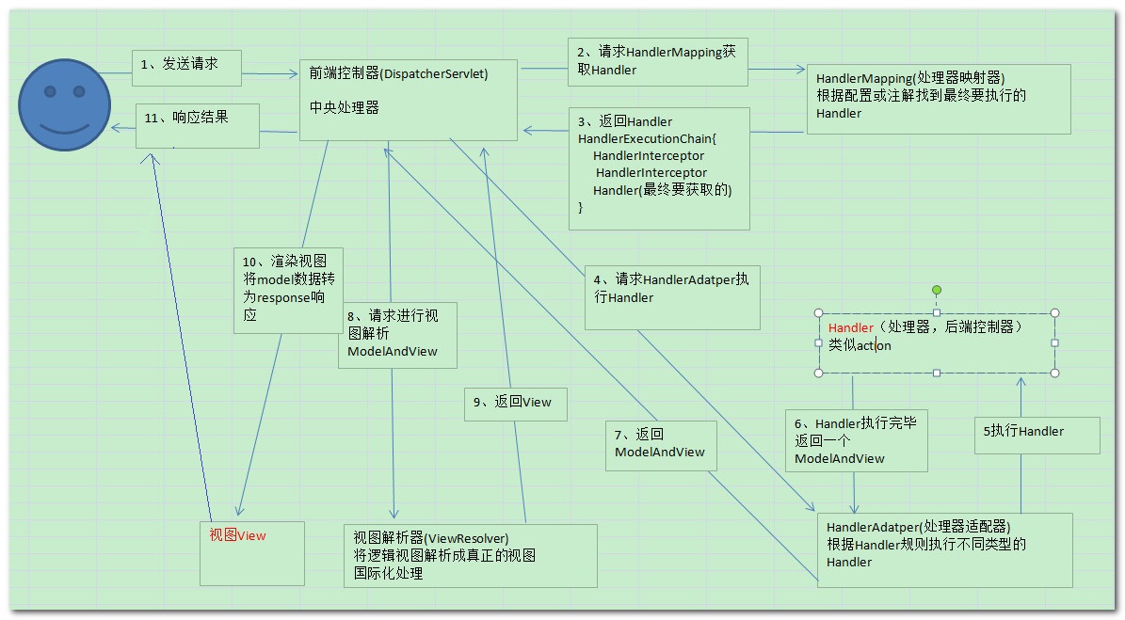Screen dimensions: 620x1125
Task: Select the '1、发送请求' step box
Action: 187,65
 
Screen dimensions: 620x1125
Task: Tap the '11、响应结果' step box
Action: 198,124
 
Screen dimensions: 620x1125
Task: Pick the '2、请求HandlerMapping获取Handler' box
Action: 657,62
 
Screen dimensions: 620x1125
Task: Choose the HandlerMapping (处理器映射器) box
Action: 938,98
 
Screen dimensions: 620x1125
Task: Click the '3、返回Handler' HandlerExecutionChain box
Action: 658,168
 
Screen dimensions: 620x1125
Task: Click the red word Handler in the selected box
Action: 851,327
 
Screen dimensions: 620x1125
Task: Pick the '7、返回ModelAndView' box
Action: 661,445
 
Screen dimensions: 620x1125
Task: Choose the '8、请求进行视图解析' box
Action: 397,334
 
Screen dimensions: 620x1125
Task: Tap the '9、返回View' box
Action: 515,403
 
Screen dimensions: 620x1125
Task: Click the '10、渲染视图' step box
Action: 288,289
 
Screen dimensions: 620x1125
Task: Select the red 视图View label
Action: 237,535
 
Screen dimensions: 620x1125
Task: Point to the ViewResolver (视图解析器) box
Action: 470,555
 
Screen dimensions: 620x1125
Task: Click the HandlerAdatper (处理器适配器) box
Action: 944,549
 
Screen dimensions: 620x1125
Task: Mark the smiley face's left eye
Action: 51,92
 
